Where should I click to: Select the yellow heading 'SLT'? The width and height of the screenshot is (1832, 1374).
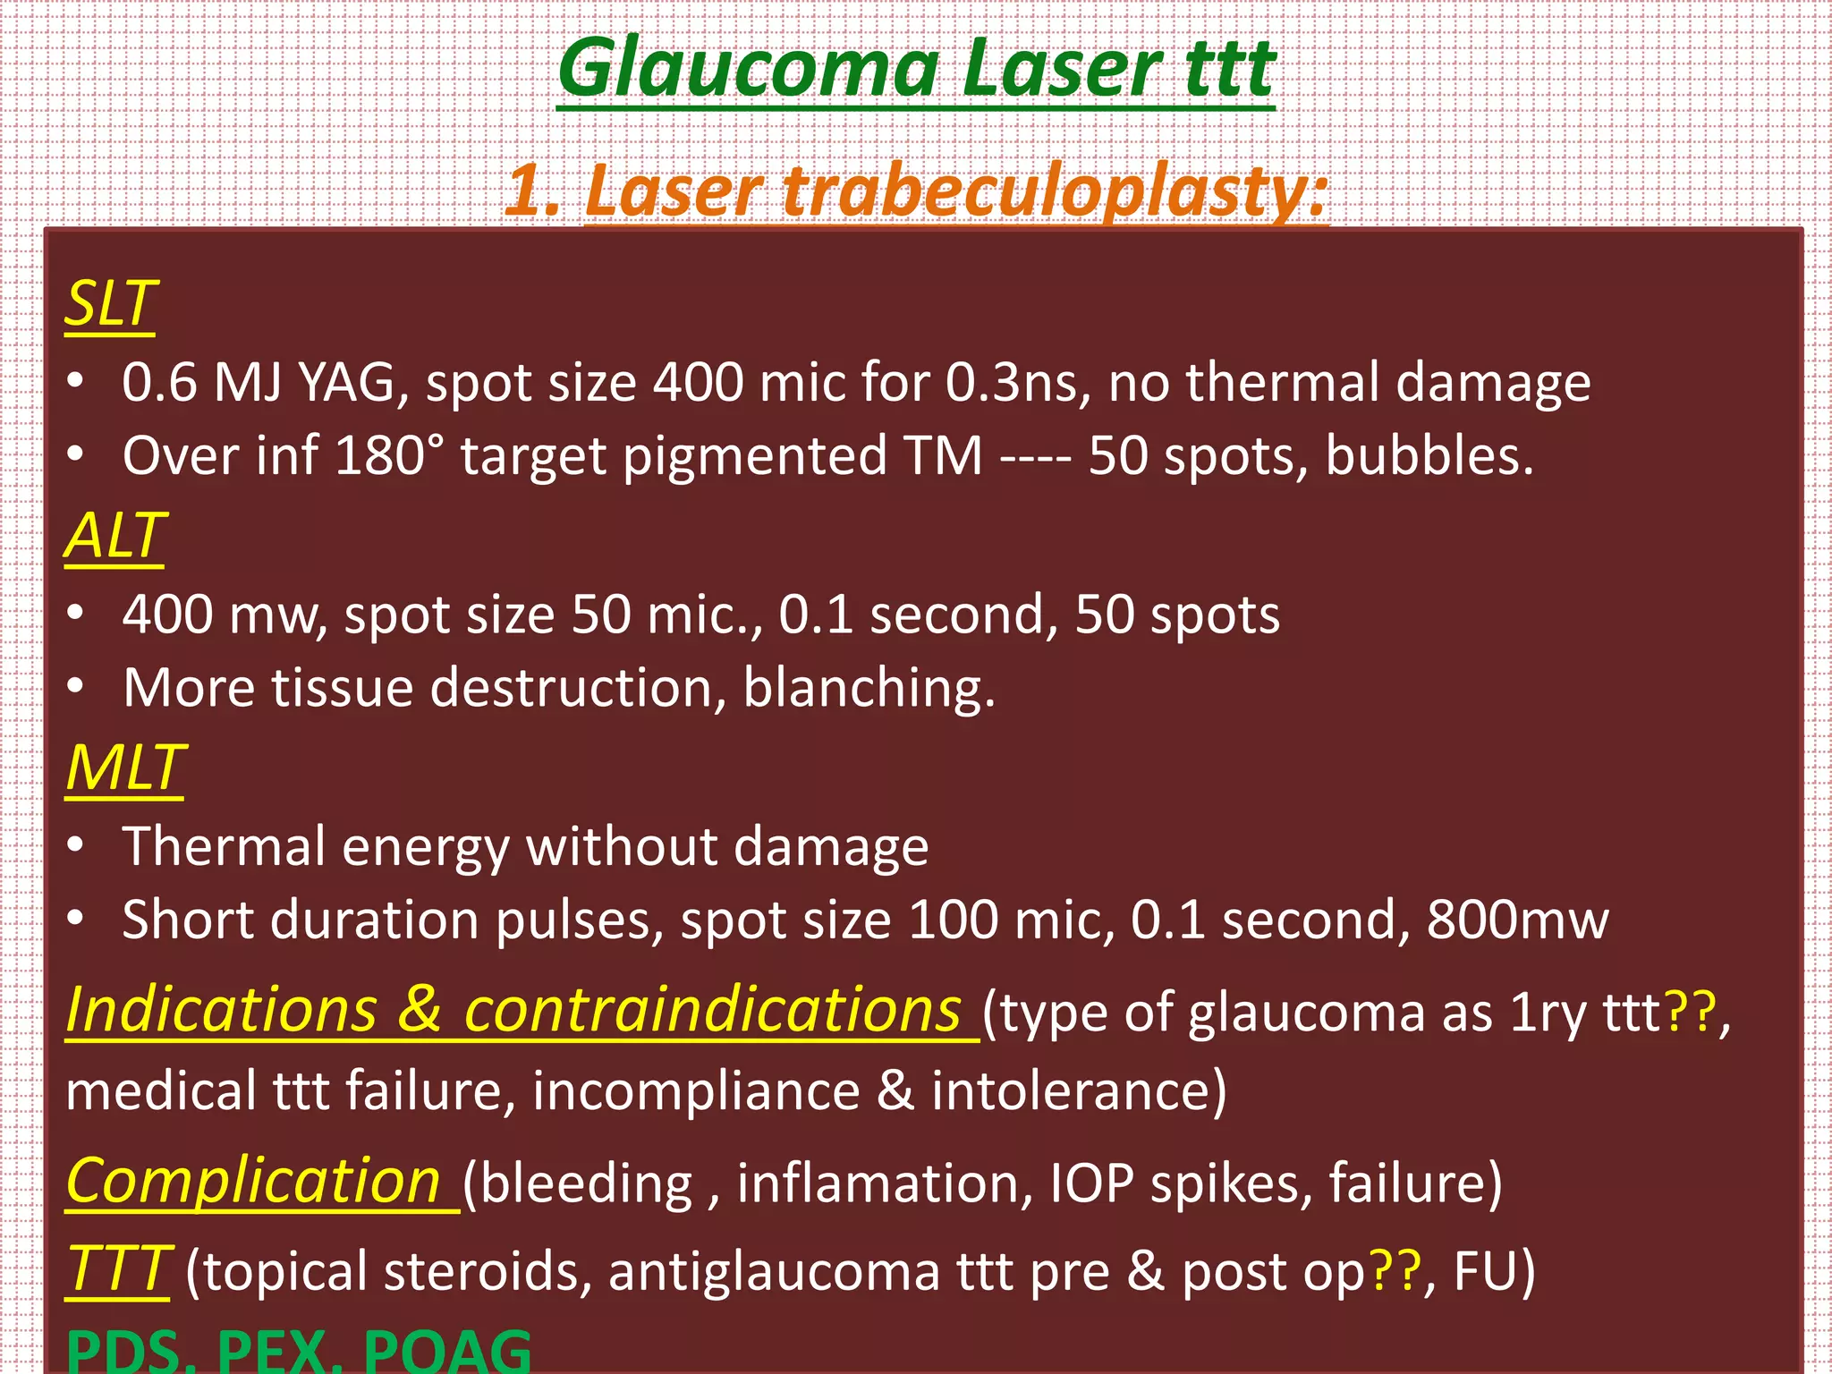(111, 304)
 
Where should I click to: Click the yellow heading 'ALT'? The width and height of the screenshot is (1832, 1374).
(114, 536)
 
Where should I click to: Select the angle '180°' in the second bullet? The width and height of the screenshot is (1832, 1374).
(389, 456)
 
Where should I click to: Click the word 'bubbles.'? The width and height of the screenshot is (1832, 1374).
(1429, 456)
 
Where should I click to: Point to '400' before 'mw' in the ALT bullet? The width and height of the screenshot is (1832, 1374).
(168, 615)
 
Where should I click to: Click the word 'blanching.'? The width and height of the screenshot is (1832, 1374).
(869, 688)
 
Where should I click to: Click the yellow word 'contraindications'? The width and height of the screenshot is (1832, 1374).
(712, 1011)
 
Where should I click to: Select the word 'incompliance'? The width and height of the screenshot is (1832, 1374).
(696, 1091)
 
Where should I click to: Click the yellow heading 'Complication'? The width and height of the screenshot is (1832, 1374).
(253, 1182)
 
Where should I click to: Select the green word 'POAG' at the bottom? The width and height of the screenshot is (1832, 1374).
(447, 1351)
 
